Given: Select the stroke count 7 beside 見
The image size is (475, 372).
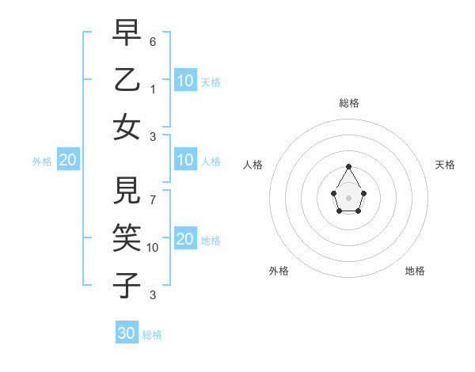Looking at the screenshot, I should coord(153,199).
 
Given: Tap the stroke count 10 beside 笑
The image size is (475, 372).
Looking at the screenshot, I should coord(153,248).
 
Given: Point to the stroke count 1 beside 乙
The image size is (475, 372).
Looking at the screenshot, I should coord(153,89).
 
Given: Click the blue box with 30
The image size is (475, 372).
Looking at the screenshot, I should coord(127,333).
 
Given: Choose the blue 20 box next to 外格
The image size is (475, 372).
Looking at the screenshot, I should coord(67,160).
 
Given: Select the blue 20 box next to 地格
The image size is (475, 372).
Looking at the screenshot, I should coord(185,239).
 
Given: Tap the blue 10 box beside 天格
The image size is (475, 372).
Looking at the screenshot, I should coord(185,81).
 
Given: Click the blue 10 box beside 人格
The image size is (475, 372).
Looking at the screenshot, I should coord(185,160).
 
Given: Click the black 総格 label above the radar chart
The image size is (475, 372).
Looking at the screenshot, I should coord(348,103).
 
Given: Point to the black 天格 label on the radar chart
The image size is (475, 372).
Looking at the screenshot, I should coord(445,165).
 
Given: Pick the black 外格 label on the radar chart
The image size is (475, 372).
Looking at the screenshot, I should coord(279,271).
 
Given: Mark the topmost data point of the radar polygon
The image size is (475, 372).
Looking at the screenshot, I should coord(348,166).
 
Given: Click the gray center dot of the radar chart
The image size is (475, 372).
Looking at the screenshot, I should coord(348,197).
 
